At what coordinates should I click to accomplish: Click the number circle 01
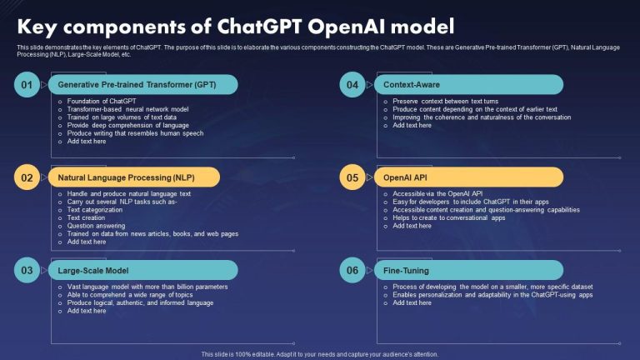pos(27,84)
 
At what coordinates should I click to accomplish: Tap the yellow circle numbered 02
pos(27,177)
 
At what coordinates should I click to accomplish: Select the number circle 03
pos(27,270)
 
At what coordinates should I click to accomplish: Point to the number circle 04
pos(352,84)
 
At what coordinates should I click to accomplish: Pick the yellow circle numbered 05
pos(352,177)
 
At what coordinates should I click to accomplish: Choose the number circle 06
pos(352,270)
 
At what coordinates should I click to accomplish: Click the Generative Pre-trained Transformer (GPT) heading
pos(137,85)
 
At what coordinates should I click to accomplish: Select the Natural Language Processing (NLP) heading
pos(126,177)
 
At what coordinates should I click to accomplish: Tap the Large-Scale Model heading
pos(93,271)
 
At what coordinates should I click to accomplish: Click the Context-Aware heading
pos(412,85)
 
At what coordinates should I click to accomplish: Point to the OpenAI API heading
pos(405,177)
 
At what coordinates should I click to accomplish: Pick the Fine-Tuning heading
pos(406,271)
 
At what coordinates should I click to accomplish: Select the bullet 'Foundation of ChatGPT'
pos(102,101)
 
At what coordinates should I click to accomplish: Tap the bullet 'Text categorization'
pos(95,210)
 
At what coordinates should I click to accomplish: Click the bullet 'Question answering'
pos(97,226)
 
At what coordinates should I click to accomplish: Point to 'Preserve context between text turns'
pos(445,101)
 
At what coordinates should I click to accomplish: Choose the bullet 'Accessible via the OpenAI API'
pos(437,194)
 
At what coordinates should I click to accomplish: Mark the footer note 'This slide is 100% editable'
pos(238,354)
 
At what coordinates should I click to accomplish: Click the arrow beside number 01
pos(44,85)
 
